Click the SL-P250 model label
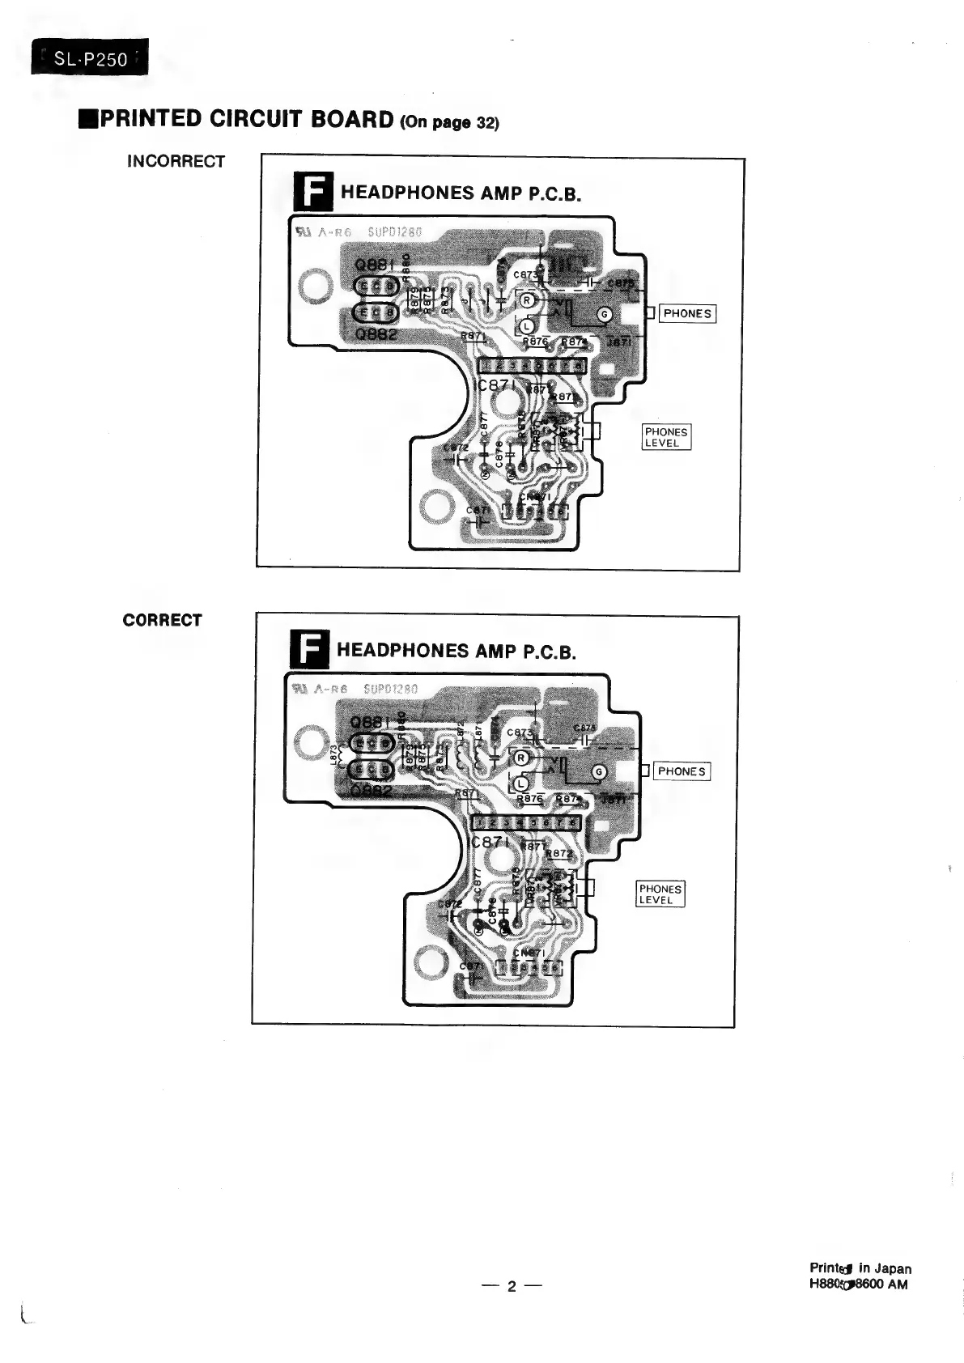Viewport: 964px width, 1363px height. pyautogui.click(x=90, y=58)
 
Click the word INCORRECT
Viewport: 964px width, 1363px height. pyautogui.click(x=176, y=161)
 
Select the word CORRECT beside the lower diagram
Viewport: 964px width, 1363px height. pyautogui.click(x=162, y=620)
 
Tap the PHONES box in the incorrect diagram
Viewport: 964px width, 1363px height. pyautogui.click(x=687, y=314)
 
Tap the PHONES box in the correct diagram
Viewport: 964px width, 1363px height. pyautogui.click(x=682, y=771)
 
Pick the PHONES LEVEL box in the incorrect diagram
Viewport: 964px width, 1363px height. pyautogui.click(x=666, y=437)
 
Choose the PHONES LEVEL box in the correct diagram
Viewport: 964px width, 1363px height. pyautogui.click(x=660, y=894)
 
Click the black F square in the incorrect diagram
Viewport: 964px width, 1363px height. pyautogui.click(x=312, y=192)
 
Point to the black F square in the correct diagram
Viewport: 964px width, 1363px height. pyautogui.click(x=308, y=650)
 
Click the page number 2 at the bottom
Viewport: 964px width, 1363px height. pyautogui.click(x=511, y=1286)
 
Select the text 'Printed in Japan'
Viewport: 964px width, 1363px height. pyautogui.click(x=860, y=1268)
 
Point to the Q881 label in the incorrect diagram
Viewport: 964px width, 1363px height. pyautogui.click(x=375, y=264)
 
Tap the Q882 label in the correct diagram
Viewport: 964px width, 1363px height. pyautogui.click(x=372, y=790)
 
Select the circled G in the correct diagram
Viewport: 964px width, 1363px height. pyautogui.click(x=599, y=772)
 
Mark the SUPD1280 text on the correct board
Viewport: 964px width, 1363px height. pyautogui.click(x=391, y=690)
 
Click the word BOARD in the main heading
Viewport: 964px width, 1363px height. pyautogui.click(x=343, y=119)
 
